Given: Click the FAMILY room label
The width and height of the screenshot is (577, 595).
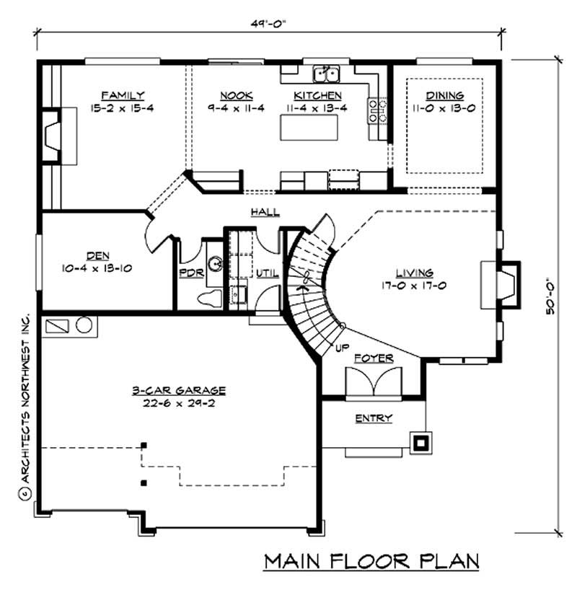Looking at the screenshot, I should (x=123, y=95).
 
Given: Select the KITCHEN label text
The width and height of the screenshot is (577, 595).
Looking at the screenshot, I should (x=317, y=95).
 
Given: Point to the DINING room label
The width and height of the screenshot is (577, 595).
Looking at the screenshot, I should (x=444, y=95).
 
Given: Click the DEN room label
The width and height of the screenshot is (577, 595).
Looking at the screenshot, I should (x=97, y=255).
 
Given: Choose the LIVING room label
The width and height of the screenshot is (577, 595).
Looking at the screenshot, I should (x=414, y=273).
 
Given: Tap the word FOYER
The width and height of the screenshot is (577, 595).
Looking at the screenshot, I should (x=374, y=357).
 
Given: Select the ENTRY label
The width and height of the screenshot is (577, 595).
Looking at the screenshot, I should (x=374, y=418).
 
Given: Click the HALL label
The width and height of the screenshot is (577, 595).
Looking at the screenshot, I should (x=265, y=211).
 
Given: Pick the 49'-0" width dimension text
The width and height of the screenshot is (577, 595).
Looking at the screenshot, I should (x=270, y=22).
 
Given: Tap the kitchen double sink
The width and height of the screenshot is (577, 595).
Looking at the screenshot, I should (x=327, y=74).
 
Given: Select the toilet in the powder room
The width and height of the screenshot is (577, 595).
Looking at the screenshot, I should (x=209, y=297).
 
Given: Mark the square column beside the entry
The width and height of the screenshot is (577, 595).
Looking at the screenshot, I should (x=420, y=441).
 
